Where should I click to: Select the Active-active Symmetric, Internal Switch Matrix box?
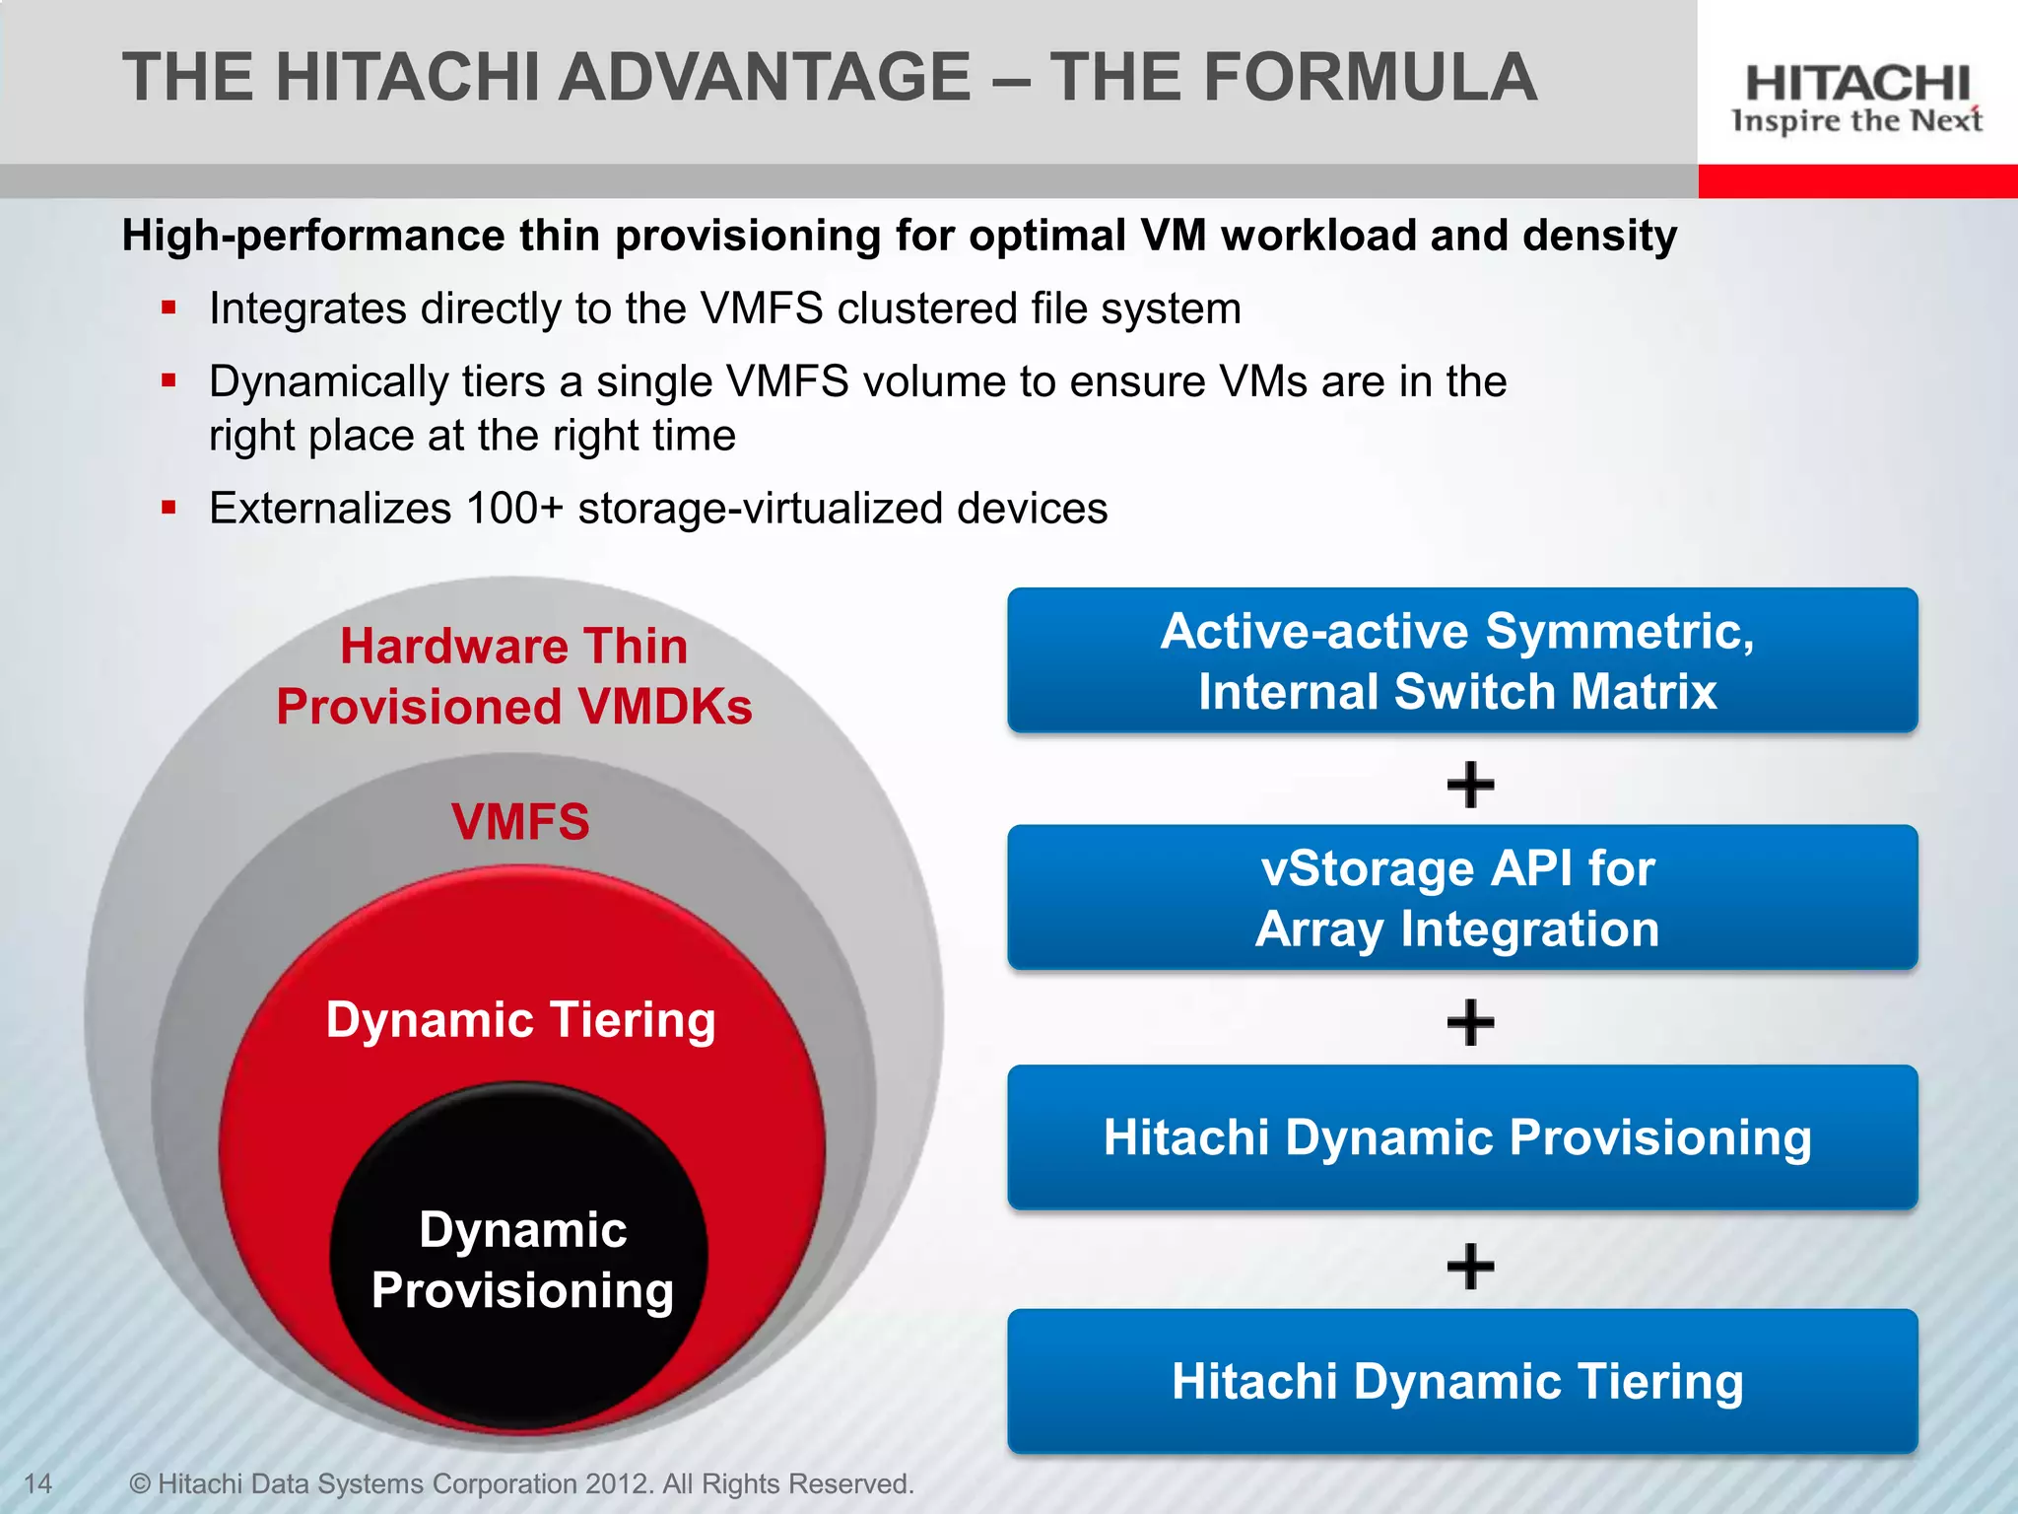[x=1461, y=660]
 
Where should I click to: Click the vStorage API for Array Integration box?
[x=1461, y=898]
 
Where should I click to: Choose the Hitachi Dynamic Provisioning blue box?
[x=1461, y=1137]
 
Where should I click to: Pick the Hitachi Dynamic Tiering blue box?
[x=1461, y=1381]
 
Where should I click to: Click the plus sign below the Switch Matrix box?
[x=1470, y=785]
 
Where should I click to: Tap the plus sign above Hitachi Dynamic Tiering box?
[x=1470, y=1266]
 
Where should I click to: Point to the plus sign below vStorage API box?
[x=1470, y=1022]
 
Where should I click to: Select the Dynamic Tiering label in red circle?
[x=520, y=1019]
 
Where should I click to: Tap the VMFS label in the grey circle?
[x=520, y=821]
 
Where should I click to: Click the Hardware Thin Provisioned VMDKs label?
[x=513, y=676]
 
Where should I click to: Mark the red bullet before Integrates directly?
[x=169, y=308]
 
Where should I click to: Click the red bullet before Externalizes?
[x=169, y=509]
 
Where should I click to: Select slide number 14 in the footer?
[x=37, y=1483]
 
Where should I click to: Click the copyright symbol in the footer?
[x=140, y=1483]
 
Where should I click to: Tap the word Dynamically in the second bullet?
[x=328, y=382]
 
